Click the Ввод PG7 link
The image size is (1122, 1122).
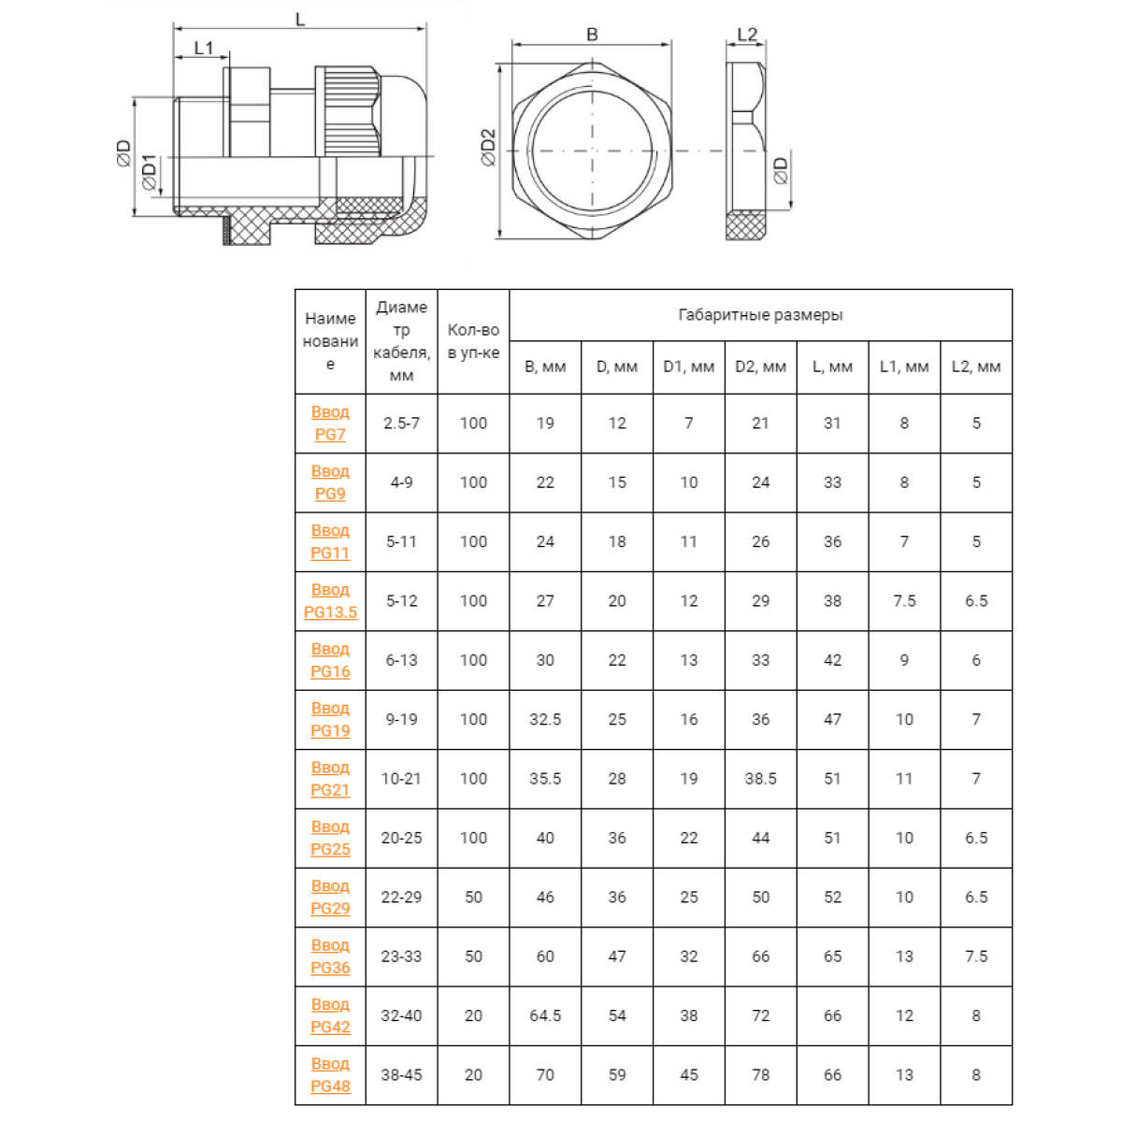point(330,424)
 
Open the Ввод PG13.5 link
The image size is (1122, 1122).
point(330,601)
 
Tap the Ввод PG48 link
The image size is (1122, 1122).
point(330,1075)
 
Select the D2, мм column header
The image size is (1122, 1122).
point(760,367)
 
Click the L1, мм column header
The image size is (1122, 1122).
point(904,367)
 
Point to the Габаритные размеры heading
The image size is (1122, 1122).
point(760,315)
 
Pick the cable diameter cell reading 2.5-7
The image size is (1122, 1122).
point(401,424)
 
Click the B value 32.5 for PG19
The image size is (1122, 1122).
point(545,720)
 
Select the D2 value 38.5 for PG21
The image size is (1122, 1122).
point(760,779)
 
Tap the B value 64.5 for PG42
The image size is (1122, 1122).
point(545,1016)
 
